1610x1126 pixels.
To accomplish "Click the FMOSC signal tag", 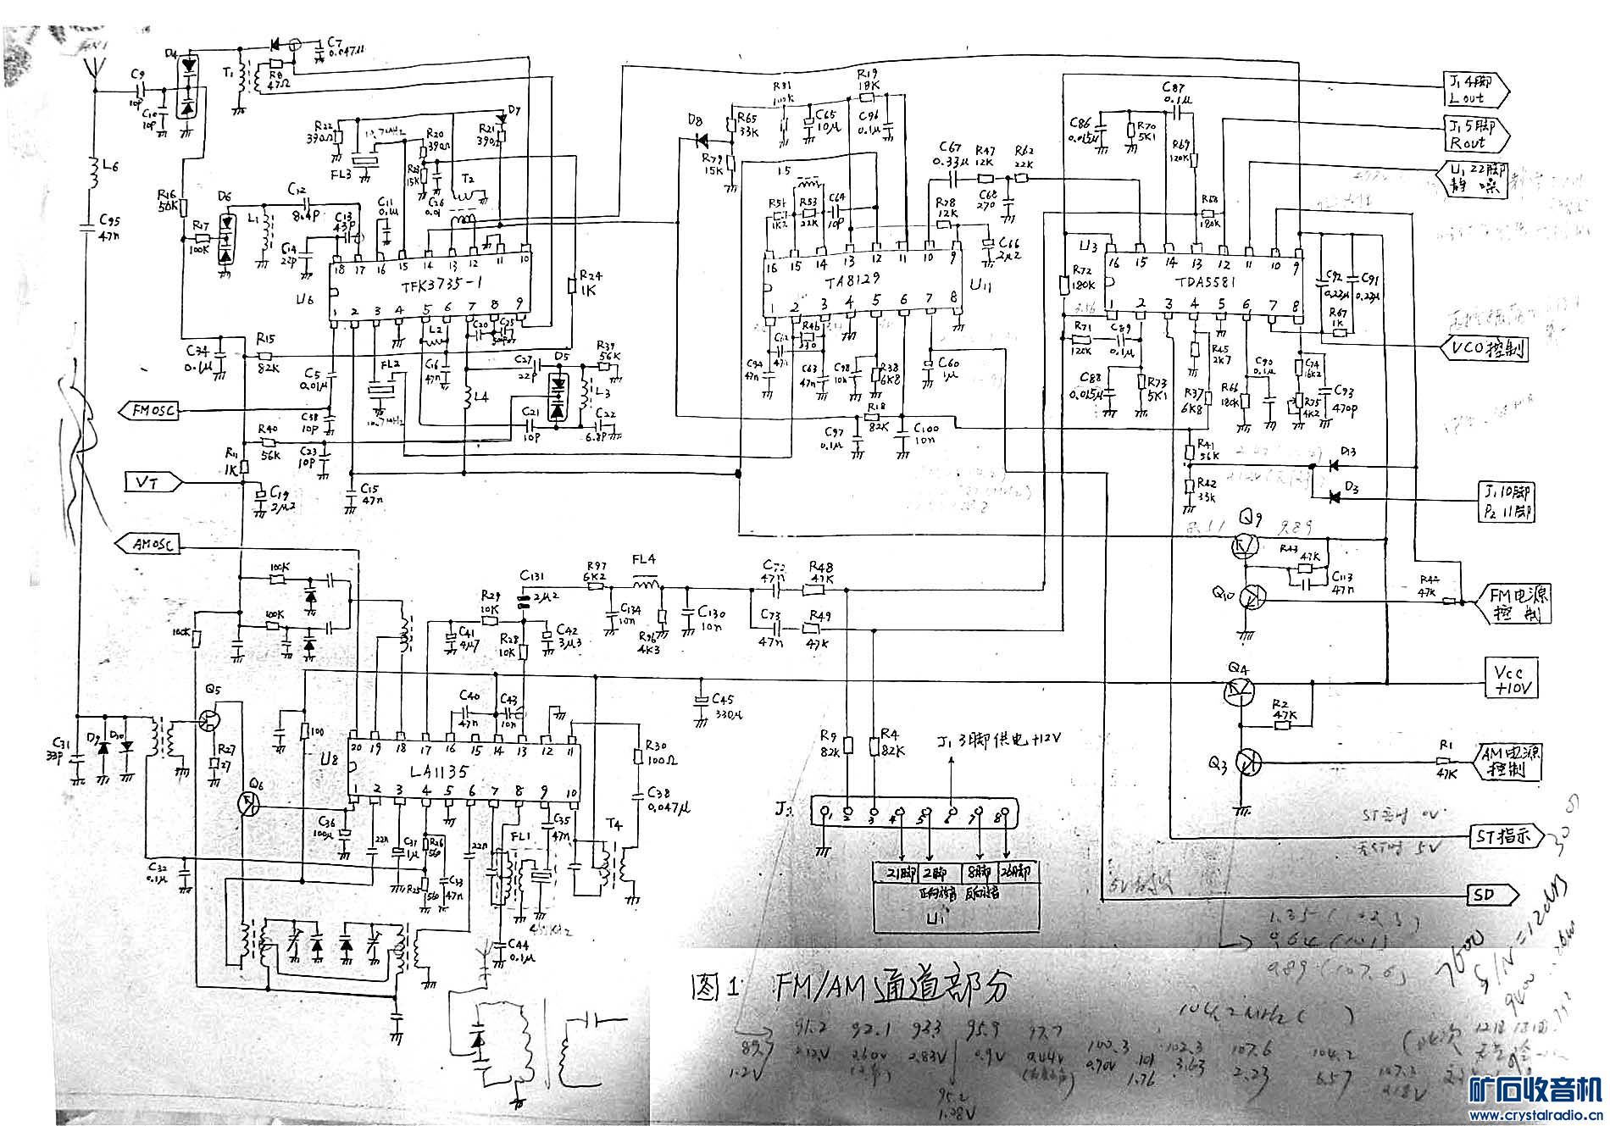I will point(152,411).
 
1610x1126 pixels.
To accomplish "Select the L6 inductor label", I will point(108,167).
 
